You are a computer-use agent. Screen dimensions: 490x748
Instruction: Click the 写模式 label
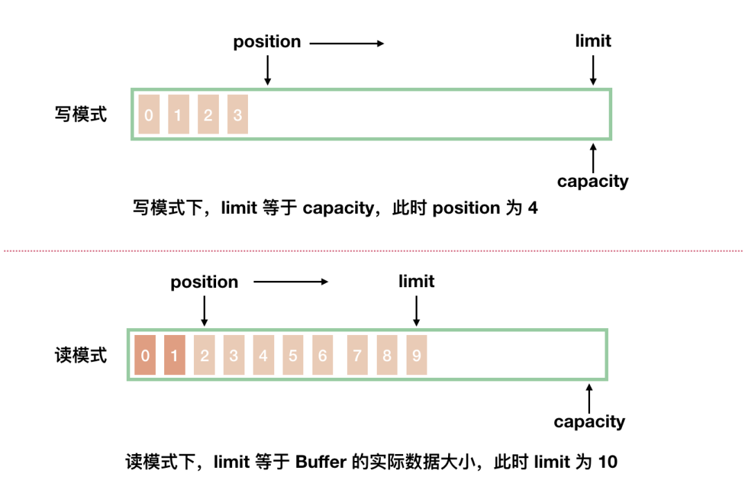click(x=81, y=114)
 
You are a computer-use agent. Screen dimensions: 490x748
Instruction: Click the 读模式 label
click(x=81, y=356)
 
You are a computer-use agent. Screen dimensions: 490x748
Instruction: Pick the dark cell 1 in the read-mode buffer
click(x=175, y=356)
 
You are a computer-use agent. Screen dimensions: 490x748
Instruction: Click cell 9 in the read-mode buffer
click(x=416, y=356)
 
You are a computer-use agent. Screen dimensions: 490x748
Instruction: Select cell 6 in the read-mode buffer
click(x=323, y=356)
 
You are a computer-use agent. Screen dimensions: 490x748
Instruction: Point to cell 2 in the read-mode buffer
click(x=204, y=356)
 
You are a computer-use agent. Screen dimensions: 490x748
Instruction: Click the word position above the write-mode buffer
click(x=267, y=42)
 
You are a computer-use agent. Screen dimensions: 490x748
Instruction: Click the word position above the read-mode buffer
click(x=204, y=282)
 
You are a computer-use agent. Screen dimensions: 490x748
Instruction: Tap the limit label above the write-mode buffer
click(x=593, y=41)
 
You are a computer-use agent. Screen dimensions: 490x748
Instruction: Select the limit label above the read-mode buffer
click(x=416, y=281)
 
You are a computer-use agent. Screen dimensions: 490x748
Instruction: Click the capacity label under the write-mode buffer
click(x=593, y=181)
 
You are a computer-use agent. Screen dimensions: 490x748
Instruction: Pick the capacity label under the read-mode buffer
click(x=589, y=421)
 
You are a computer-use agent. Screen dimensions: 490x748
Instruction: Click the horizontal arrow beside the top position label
click(x=346, y=44)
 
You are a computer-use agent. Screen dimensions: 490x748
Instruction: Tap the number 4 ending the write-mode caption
click(x=532, y=208)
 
